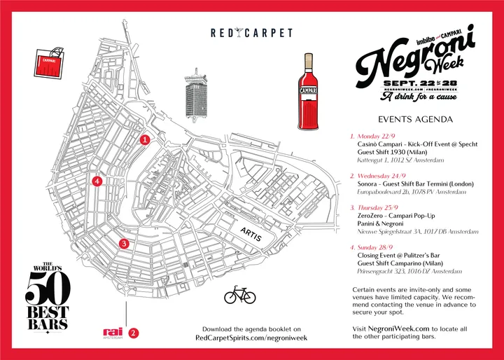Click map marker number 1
click(145, 140)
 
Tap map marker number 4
click(97, 181)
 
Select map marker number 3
click(124, 244)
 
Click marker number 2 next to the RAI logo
click(134, 333)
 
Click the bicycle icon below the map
click(240, 296)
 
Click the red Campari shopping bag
click(50, 62)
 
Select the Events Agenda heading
click(415, 119)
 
